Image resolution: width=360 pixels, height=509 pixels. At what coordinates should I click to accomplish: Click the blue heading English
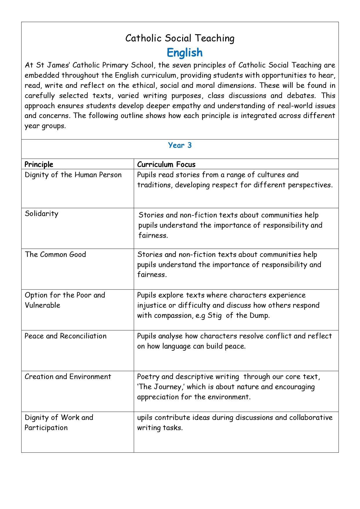184,53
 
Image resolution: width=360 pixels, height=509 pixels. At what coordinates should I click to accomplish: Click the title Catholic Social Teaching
180,38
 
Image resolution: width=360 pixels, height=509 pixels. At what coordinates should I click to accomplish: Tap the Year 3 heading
180,145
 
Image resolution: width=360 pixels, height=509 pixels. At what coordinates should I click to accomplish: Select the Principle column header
39,164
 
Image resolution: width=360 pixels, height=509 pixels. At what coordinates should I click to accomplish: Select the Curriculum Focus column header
166,164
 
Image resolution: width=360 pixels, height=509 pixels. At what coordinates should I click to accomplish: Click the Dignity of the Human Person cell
73,175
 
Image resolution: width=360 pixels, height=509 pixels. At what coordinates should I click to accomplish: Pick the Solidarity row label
41,214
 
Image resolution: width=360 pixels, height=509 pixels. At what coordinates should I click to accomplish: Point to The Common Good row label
55,255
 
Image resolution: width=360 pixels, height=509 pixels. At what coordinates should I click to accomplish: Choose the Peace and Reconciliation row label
66,336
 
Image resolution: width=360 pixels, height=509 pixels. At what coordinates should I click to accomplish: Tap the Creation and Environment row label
68,377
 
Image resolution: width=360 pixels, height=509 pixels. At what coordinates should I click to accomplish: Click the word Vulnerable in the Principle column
42,305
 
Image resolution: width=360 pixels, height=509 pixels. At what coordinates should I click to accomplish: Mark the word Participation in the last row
46,428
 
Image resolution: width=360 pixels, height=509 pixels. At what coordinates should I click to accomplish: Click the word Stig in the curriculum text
215,316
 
